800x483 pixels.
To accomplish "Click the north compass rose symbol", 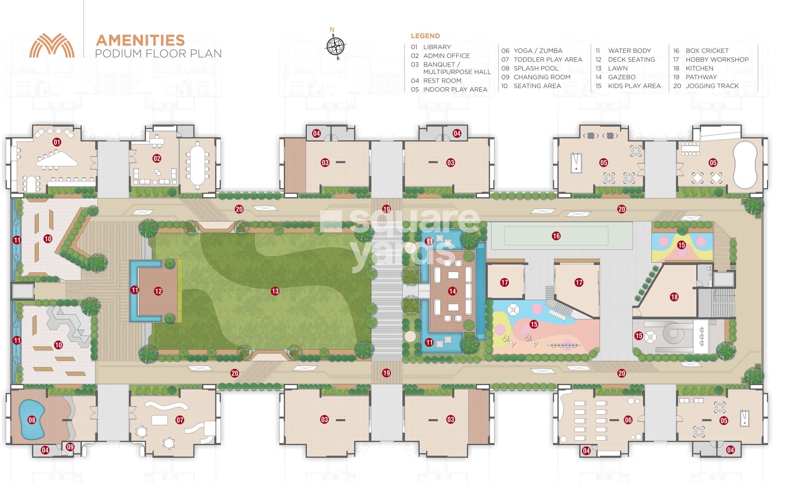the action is coord(335,46).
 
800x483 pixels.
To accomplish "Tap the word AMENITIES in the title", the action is coord(140,41).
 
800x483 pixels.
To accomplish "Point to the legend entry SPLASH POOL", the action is coord(536,68).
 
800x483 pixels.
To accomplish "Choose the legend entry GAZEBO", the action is coord(622,77).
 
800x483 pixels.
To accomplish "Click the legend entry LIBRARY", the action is coord(437,47).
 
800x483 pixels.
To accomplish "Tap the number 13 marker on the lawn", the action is coord(275,291).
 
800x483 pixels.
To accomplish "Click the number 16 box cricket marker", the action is coord(556,236).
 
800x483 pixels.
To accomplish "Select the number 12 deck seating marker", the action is coord(158,291).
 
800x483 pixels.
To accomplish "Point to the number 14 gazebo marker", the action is coord(452,291).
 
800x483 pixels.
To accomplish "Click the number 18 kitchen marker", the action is coord(674,297).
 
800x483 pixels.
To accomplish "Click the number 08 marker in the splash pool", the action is coord(32,420).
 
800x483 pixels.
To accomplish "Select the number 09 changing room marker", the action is coord(70,447).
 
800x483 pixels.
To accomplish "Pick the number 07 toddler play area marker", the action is coord(180,420).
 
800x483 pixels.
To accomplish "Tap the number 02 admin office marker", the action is coord(157,159).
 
